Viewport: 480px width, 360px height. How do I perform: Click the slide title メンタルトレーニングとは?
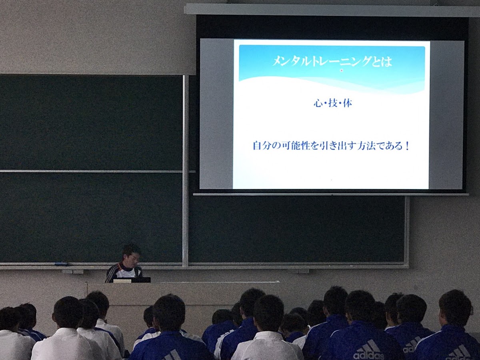coord(332,61)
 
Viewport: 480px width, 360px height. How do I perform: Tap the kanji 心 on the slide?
coord(318,103)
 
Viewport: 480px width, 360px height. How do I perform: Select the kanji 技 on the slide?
coord(333,103)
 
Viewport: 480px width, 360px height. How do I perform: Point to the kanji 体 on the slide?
coord(348,103)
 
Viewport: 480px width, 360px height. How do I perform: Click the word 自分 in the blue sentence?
coord(262,146)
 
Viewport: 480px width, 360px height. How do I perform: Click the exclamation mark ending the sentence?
coord(407,146)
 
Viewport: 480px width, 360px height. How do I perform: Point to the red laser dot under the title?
coord(342,71)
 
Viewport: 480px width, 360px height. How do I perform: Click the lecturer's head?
coord(130,256)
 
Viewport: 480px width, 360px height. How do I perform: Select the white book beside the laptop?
coord(122,281)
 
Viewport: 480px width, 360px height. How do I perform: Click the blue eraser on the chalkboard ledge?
coord(61,264)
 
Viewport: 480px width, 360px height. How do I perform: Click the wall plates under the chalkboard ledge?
coord(72,272)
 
